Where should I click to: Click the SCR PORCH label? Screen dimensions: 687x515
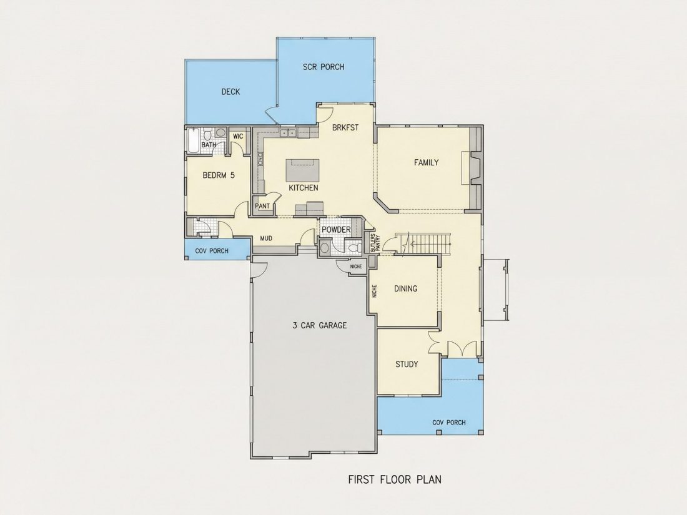[324, 67]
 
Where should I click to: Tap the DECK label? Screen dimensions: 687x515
[230, 92]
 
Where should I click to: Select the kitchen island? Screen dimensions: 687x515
[302, 170]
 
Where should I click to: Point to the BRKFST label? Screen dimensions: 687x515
[345, 127]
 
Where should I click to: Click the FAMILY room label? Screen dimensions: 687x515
[427, 162]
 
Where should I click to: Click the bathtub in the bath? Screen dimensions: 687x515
[193, 140]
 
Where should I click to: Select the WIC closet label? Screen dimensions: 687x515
[238, 136]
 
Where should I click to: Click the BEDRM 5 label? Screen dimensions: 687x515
[219, 175]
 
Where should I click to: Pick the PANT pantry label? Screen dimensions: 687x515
[262, 206]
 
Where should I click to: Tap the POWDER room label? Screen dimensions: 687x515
[336, 230]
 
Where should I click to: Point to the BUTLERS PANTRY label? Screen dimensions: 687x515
[375, 242]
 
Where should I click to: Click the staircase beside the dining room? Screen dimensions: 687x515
[423, 243]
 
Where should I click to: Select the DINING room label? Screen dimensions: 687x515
[406, 288]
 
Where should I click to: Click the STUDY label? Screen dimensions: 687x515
[407, 364]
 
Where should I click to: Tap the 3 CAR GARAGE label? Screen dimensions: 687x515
[319, 325]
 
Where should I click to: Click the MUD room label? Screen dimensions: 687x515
[266, 238]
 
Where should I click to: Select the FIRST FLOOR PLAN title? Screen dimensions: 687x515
[395, 479]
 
